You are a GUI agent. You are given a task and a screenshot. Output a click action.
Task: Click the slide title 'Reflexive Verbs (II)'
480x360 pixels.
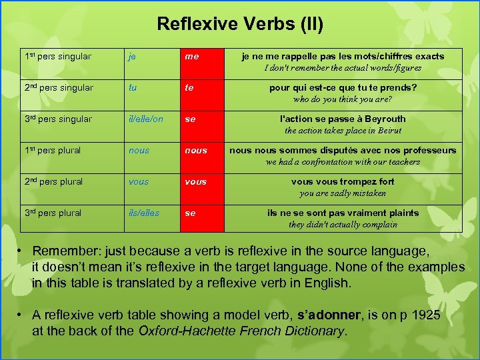pos(240,25)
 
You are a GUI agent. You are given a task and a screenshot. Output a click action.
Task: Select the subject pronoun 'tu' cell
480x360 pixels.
pos(133,88)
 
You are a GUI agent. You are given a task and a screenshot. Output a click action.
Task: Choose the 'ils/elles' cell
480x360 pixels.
pos(144,213)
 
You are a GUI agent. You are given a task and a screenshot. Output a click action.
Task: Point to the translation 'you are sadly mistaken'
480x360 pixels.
pos(343,193)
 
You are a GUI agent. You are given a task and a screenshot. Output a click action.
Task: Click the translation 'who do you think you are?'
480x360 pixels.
pos(343,99)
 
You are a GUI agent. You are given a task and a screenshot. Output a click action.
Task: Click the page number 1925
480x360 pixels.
pos(426,315)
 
